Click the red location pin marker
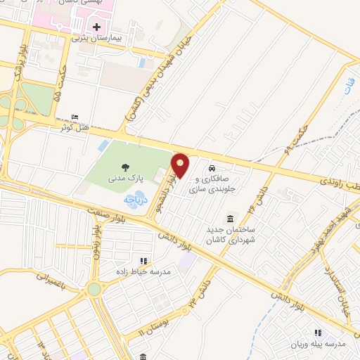pyautogui.click(x=181, y=166)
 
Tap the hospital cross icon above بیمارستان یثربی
pyautogui.click(x=96, y=27)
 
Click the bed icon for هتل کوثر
pyautogui.click(x=76, y=117)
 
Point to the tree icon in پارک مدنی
pyautogui.click(x=124, y=167)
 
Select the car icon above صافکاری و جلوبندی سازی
pyautogui.click(x=212, y=169)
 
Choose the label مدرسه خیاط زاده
pyautogui.click(x=145, y=271)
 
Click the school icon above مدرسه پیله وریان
pyautogui.click(x=317, y=332)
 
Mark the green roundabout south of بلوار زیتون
pyautogui.click(x=94, y=289)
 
